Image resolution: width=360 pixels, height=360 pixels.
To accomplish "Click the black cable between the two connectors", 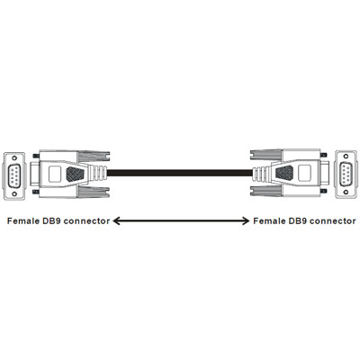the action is pos(180,174).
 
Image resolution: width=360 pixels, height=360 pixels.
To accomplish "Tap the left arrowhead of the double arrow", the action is pos(116,221).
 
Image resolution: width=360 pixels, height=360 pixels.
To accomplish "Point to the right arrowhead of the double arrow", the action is pos(246,221).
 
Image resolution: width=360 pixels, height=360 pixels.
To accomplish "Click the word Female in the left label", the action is pos(23,221).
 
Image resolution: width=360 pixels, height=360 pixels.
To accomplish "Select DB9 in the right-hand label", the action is pos(298,221).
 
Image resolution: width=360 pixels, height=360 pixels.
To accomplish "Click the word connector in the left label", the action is pos(86,221).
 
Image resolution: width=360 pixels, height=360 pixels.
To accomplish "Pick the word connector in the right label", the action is pos(333,221).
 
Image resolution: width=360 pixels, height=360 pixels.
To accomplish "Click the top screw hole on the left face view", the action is pos(14,157).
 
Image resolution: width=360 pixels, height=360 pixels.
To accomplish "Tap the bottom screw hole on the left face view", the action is pos(14,193).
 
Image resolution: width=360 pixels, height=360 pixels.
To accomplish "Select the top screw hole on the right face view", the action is pos(346,156).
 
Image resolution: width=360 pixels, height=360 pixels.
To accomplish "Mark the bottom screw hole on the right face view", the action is pos(346,192).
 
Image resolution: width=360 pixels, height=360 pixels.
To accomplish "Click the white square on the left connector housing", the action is pos(55,174).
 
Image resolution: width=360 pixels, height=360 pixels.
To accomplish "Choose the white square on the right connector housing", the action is pos(304,173).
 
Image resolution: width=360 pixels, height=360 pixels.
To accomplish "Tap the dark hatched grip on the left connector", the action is pos(75,174).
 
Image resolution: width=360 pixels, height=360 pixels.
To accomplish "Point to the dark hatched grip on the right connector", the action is pos(284,173).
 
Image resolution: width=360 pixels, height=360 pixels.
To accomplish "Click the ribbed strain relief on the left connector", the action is pos(97,174).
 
